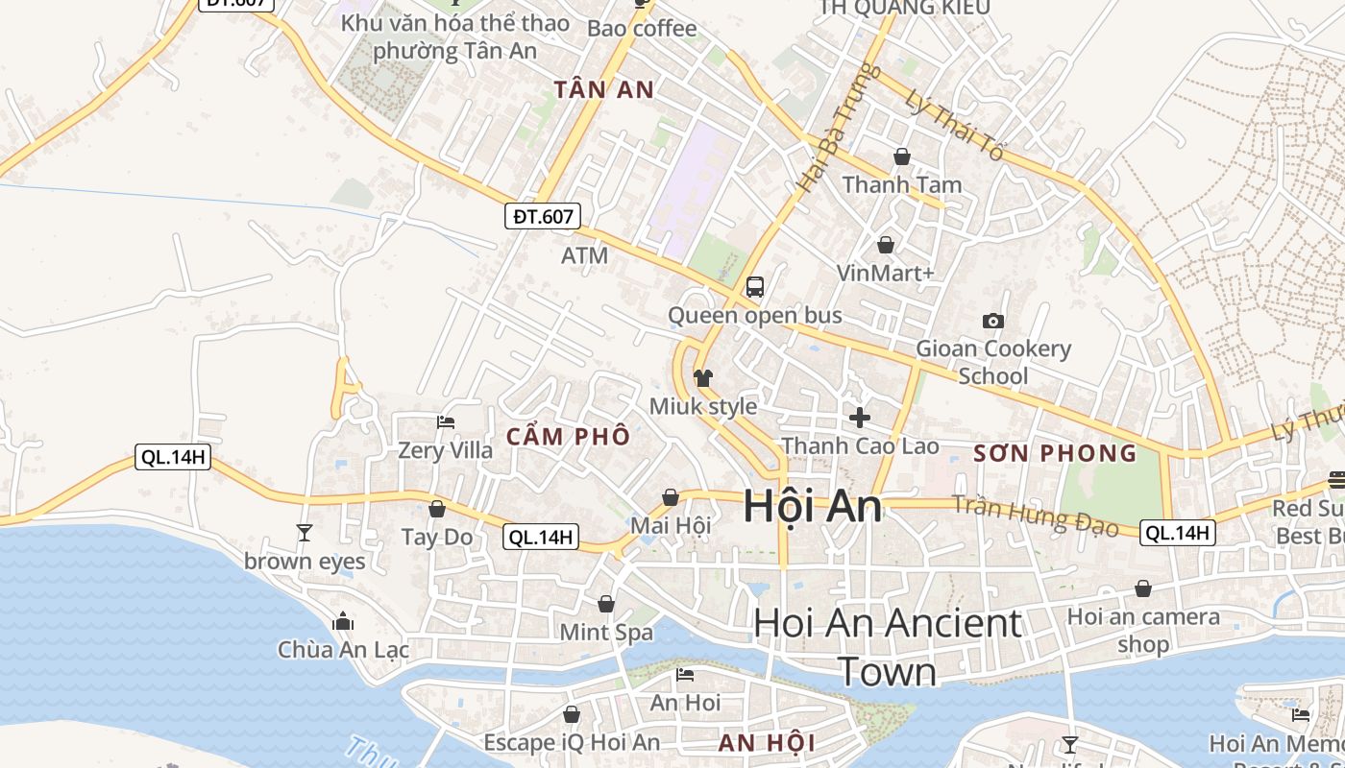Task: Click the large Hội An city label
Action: (812, 507)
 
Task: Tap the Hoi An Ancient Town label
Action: (888, 647)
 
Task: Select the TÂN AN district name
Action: (604, 90)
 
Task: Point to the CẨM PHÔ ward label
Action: (568, 437)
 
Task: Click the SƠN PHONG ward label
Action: (1055, 453)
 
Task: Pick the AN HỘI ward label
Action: (767, 742)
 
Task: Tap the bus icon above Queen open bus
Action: (755, 286)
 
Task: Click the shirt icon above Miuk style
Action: (703, 378)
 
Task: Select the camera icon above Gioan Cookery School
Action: (993, 321)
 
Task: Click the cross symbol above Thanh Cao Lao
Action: (860, 418)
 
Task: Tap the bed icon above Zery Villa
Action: (445, 421)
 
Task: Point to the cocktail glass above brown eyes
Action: (305, 533)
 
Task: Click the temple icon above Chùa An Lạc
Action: (343, 622)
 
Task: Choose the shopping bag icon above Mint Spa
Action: (606, 604)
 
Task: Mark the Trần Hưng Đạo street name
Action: (1035, 516)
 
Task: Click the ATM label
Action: (585, 255)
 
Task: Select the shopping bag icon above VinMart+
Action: (885, 245)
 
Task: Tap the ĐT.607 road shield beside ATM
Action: (543, 216)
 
